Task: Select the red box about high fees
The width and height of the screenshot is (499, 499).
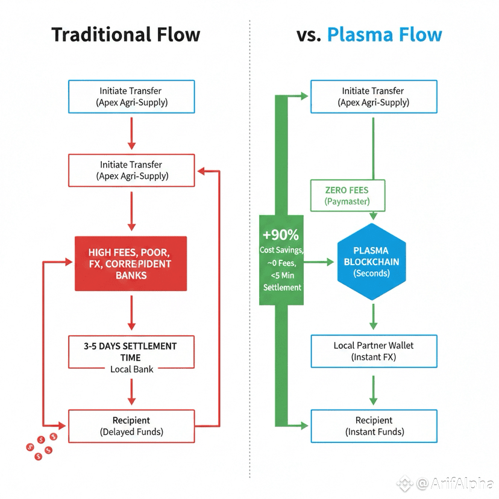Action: (x=130, y=264)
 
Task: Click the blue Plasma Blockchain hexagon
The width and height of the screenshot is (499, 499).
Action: (x=371, y=262)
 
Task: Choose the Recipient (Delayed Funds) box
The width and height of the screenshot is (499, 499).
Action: (x=131, y=425)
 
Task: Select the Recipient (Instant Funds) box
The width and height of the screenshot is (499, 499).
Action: (x=374, y=425)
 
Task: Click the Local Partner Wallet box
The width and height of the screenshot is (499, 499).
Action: (x=374, y=351)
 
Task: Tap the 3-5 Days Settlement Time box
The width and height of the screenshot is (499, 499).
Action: (x=131, y=351)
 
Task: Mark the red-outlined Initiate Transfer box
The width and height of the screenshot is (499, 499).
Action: (x=131, y=170)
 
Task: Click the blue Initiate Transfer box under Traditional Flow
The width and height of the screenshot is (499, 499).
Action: (x=131, y=96)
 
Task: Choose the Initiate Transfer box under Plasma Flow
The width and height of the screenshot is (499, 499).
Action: (x=374, y=96)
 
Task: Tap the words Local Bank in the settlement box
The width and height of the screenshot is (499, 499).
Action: (x=131, y=369)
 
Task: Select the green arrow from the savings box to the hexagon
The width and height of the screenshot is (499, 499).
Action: (x=319, y=262)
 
